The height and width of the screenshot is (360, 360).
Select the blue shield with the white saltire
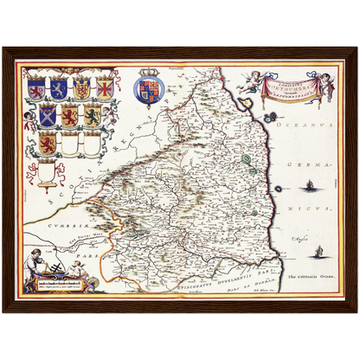click(x=59, y=88)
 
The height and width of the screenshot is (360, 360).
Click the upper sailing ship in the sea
click(x=309, y=184)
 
